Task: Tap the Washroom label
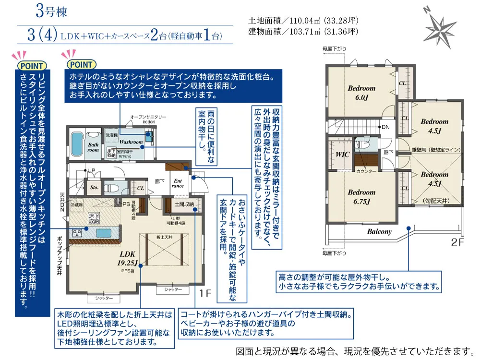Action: pyautogui.click(x=131, y=142)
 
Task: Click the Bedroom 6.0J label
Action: pyautogui.click(x=361, y=92)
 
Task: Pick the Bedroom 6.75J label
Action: pyautogui.click(x=361, y=197)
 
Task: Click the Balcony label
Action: pyautogui.click(x=379, y=231)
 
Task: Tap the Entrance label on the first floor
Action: pyautogui.click(x=178, y=183)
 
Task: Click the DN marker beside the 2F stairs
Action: pyautogui.click(x=385, y=127)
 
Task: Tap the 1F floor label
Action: pyautogui.click(x=205, y=291)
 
